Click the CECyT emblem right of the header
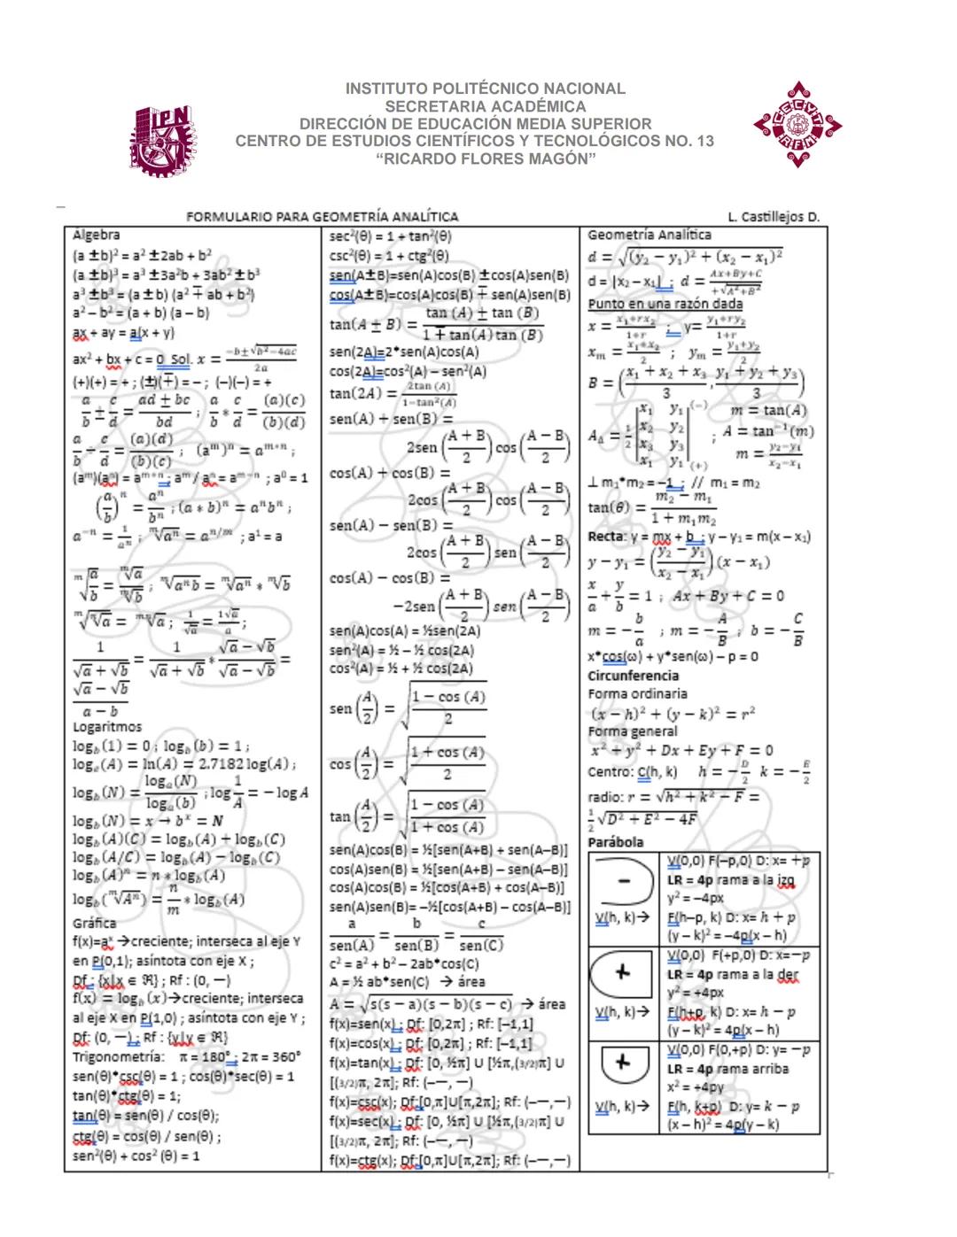coord(797,125)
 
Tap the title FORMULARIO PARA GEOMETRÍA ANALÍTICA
coord(323,217)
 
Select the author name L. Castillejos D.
coord(774,217)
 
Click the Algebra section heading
coord(96,236)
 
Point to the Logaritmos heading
coord(106,727)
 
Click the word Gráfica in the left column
coord(94,923)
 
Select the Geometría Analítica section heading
coord(649,235)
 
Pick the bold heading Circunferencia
coord(633,676)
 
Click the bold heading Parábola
coord(615,842)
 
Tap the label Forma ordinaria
coord(637,694)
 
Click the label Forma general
coord(633,731)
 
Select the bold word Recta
coord(606,537)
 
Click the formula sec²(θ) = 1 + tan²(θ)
coord(390,236)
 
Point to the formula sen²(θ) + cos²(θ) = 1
coord(136,1156)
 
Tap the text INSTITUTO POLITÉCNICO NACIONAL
coord(485,89)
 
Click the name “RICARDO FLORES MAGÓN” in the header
coord(485,158)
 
